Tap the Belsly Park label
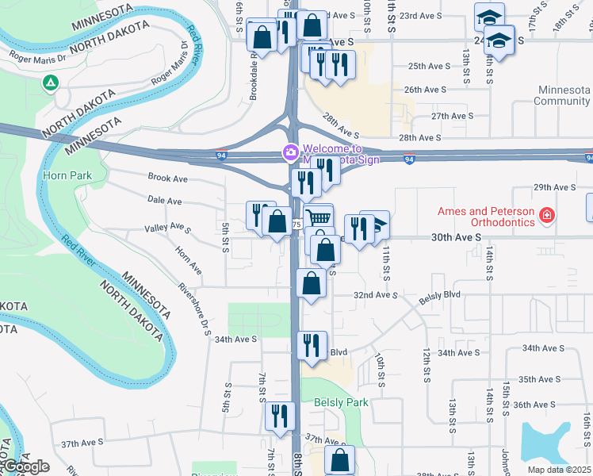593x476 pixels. click(x=342, y=402)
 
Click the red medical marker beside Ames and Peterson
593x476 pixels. click(x=546, y=215)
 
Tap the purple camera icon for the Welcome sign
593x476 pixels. click(x=291, y=152)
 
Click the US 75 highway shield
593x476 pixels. click(x=297, y=225)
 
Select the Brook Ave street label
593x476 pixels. click(x=167, y=178)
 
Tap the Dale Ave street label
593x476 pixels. click(x=164, y=202)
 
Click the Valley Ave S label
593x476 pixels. click(x=167, y=229)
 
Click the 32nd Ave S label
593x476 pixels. click(x=374, y=295)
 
